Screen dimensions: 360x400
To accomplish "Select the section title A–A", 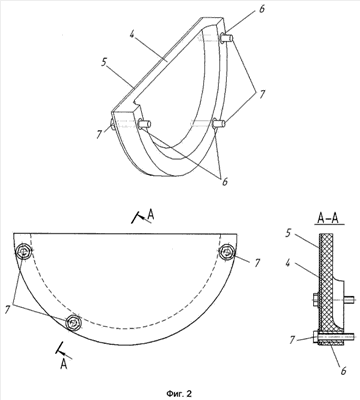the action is click(x=328, y=219).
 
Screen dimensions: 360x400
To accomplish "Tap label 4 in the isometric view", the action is click(x=132, y=35).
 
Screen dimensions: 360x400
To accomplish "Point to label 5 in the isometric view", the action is click(x=105, y=62).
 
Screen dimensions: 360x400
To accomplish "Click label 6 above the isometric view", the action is click(x=262, y=9).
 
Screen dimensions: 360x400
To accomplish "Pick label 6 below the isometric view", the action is click(x=224, y=182).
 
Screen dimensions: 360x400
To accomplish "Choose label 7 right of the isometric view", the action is click(x=262, y=94).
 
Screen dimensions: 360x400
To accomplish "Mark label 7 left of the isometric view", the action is click(x=99, y=134).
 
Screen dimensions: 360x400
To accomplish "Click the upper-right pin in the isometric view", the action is click(x=227, y=38).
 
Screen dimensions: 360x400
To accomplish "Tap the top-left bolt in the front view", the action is click(x=24, y=252).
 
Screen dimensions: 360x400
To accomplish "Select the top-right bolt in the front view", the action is click(x=227, y=252).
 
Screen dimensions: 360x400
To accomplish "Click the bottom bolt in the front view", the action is click(x=73, y=322).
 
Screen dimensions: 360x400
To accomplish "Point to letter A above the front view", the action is click(x=151, y=215).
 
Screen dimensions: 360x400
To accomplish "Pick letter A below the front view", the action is click(x=64, y=364).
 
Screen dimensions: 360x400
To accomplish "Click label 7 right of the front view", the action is click(x=257, y=263).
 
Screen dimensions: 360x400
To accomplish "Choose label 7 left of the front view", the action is click(x=8, y=310).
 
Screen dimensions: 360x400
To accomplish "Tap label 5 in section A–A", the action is click(x=288, y=233).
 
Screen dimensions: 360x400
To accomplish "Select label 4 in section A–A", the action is click(x=288, y=263).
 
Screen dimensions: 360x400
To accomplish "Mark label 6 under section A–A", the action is click(x=343, y=371).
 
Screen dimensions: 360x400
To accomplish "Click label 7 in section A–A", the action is click(x=292, y=340).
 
